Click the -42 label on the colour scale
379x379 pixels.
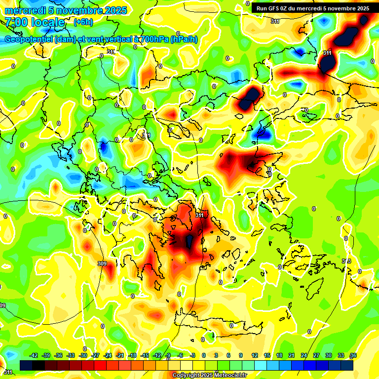[x=34, y=355]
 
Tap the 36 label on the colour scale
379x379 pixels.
[x=353, y=355]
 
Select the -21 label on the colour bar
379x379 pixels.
[x=120, y=355]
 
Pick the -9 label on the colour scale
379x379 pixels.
[x=168, y=355]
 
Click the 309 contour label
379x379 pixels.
[x=102, y=264]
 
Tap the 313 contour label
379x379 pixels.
[x=346, y=261]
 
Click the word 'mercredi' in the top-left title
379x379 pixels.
[x=25, y=10]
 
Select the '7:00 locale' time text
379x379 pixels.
[x=35, y=22]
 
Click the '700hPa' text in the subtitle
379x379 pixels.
[x=152, y=39]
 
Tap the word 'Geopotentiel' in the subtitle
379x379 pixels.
[x=29, y=39]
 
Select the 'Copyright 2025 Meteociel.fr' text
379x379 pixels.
[x=209, y=375]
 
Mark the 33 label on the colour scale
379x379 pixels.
[x=341, y=355]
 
